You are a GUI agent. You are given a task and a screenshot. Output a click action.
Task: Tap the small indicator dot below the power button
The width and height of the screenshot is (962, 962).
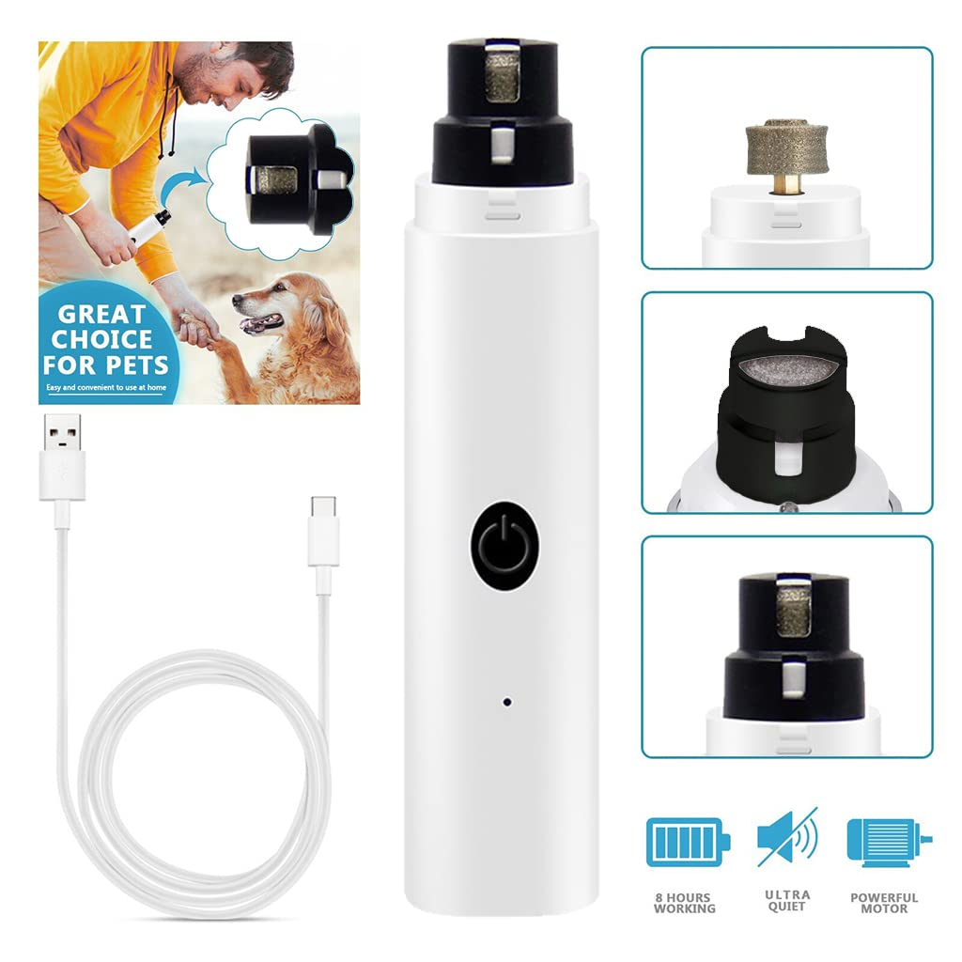506,702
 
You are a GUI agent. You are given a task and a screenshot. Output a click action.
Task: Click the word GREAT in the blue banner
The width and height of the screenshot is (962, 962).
102,314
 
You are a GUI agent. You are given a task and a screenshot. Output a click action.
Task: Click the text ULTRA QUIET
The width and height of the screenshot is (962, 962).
786,902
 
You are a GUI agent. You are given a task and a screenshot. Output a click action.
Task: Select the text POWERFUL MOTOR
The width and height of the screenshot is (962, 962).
884,903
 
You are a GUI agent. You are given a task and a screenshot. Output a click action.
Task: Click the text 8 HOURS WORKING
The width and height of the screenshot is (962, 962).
685,903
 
